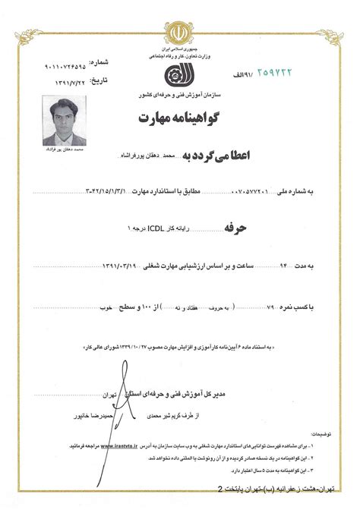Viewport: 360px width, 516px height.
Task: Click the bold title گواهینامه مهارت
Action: pos(180,118)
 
